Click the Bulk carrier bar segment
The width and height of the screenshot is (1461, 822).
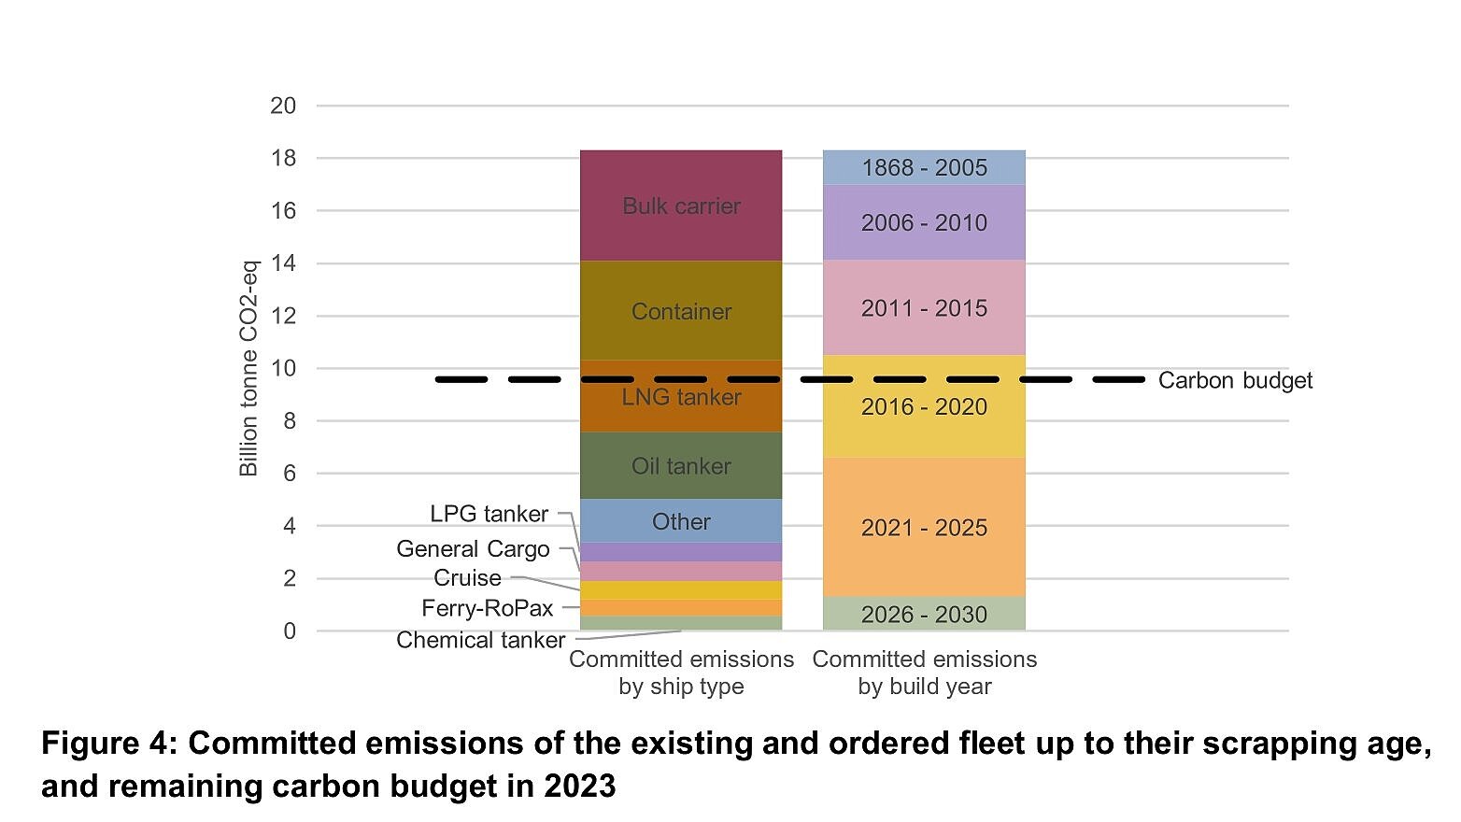pos(681,205)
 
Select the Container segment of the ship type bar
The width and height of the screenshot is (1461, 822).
pos(681,311)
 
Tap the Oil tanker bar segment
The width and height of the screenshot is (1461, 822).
pos(681,465)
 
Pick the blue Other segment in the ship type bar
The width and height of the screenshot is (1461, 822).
pos(681,521)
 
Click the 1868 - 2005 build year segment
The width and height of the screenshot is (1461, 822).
pos(924,167)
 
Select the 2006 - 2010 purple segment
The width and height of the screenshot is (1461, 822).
pos(924,222)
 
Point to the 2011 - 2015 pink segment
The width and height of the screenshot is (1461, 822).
pos(924,308)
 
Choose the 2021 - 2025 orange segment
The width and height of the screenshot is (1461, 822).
pos(924,528)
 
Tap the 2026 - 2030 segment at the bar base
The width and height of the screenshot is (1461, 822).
pos(924,614)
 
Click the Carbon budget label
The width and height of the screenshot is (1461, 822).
pos(1235,380)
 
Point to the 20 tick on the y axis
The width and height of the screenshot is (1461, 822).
pos(283,106)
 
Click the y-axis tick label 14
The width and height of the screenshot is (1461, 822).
pos(283,263)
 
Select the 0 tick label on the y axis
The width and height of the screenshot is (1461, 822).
pos(290,631)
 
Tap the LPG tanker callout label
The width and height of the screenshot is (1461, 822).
pos(489,514)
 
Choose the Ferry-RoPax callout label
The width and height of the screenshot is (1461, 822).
pos(487,608)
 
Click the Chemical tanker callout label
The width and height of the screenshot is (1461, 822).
pos(480,640)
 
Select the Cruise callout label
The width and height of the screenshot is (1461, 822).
pos(467,577)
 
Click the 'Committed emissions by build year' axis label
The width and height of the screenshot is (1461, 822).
pos(924,673)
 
